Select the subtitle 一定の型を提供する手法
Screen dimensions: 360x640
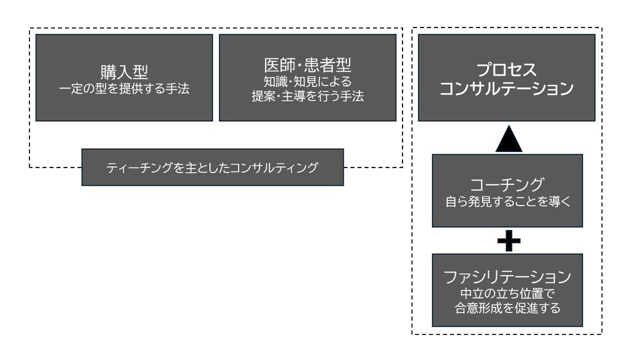click(x=124, y=89)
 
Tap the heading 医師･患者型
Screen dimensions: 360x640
click(x=307, y=64)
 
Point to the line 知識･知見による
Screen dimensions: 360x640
click(x=307, y=81)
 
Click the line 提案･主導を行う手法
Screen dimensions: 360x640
click(x=307, y=96)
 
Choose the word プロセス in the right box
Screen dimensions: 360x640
click(x=506, y=69)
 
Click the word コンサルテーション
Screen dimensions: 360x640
click(x=506, y=89)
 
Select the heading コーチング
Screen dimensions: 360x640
click(x=507, y=184)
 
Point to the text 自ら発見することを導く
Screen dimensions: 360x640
click(x=507, y=202)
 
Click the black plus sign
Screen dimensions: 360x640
click(x=509, y=241)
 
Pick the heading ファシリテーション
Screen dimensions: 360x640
click(x=507, y=276)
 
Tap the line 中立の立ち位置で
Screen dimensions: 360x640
click(x=507, y=292)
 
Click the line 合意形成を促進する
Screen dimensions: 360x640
click(x=507, y=307)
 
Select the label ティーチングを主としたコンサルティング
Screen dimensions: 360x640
click(x=212, y=167)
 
